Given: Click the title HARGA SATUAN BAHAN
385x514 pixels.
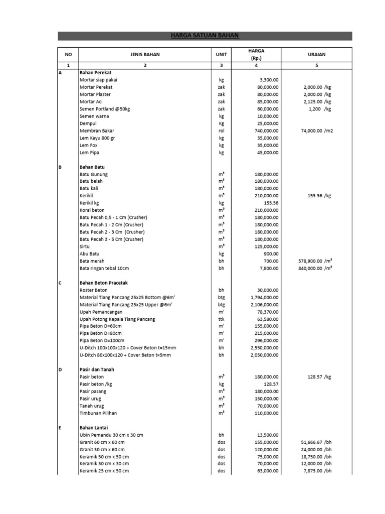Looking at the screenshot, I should click(x=205, y=36).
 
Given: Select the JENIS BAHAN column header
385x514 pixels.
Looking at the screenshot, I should click(x=145, y=54).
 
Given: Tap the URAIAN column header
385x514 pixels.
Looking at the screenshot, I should click(x=317, y=54).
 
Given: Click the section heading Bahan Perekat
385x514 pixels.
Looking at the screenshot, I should click(x=94, y=72).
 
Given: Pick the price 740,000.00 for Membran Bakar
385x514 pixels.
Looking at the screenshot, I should click(x=267, y=131).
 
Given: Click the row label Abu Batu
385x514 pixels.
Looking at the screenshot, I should click(x=90, y=254).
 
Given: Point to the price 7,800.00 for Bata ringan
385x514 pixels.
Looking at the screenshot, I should click(x=269, y=269).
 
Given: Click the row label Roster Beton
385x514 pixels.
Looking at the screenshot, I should click(x=94, y=290).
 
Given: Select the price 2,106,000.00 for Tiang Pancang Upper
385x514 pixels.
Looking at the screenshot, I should click(x=264, y=305).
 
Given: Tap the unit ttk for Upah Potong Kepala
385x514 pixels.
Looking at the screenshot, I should click(x=221, y=319).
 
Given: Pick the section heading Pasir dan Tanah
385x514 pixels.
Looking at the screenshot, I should click(x=97, y=369).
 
